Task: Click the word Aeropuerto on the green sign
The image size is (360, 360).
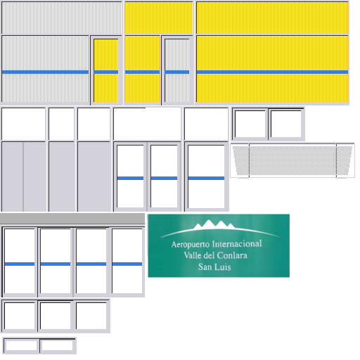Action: click(x=191, y=245)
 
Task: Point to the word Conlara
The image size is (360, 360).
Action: click(x=231, y=255)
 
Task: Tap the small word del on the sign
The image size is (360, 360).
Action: click(x=209, y=255)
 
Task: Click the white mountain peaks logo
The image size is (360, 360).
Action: click(x=214, y=224)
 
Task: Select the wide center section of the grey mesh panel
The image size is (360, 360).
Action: click(x=292, y=160)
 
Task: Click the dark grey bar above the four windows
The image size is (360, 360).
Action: click(x=72, y=219)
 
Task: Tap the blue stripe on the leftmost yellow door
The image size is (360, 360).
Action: click(x=106, y=72)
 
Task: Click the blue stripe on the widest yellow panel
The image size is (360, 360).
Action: click(x=272, y=72)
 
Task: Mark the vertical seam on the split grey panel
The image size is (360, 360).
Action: click(x=23, y=176)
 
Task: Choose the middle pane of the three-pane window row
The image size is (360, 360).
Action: click(x=56, y=316)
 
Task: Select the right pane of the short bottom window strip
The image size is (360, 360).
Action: click(x=57, y=345)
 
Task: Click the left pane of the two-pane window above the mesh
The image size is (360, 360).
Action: click(x=250, y=124)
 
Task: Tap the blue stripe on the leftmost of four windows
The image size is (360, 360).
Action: click(x=20, y=264)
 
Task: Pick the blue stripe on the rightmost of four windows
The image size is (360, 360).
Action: click(x=127, y=264)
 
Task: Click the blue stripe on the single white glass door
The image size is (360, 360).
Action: click(x=206, y=179)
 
